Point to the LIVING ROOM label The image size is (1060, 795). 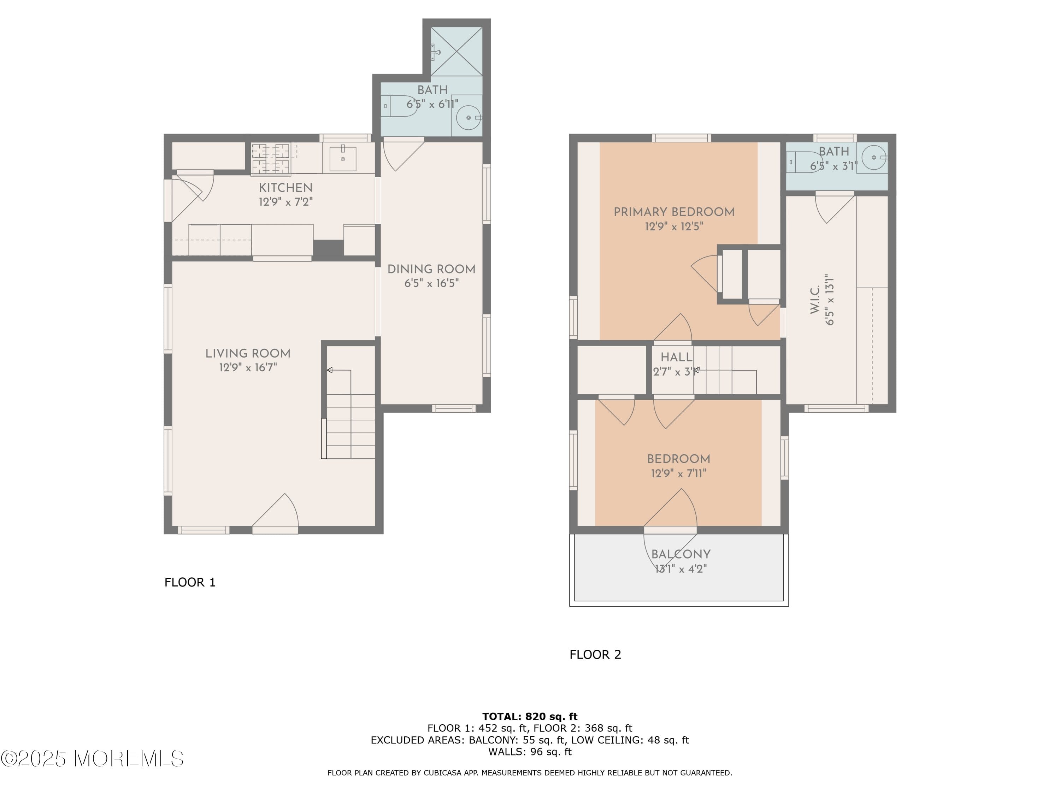(248, 354)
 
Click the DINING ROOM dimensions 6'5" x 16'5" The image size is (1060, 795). (431, 283)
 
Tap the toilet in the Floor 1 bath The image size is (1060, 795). (399, 106)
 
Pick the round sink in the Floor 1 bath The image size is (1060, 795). (468, 117)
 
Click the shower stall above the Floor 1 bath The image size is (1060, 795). (457, 51)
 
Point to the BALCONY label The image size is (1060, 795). (681, 554)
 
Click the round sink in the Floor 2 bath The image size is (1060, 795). (874, 157)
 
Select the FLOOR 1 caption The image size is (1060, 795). (190, 582)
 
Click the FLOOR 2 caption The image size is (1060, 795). (595, 655)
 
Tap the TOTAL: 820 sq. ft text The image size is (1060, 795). (530, 717)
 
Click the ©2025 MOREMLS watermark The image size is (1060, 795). (92, 759)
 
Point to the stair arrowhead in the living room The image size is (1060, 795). (330, 370)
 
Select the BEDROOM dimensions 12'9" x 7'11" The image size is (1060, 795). (678, 473)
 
